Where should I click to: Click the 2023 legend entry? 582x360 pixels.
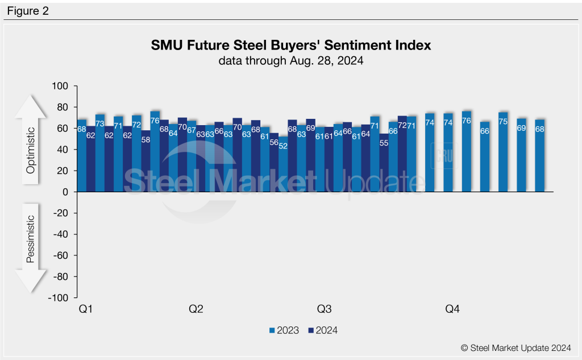point(284,330)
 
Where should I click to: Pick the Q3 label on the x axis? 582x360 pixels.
point(324,309)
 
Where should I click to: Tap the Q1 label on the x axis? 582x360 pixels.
point(86,309)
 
